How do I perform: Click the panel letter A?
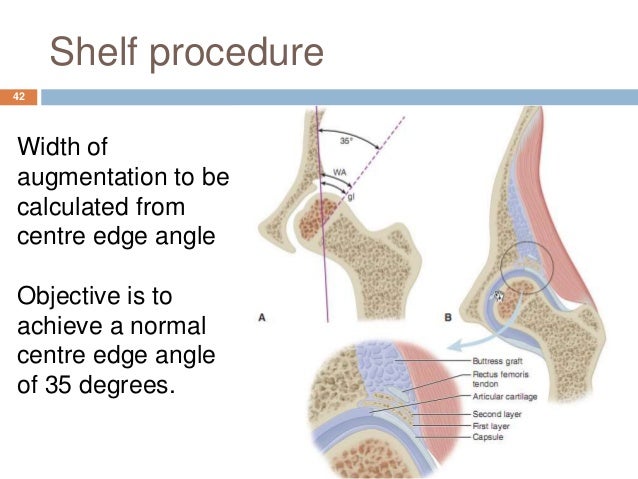(262, 317)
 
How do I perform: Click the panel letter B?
(446, 318)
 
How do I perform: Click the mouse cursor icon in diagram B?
(497, 296)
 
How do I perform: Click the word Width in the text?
(49, 149)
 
